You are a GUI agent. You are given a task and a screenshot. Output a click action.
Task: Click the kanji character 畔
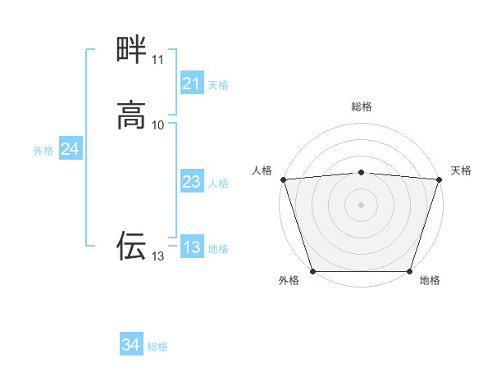point(131,50)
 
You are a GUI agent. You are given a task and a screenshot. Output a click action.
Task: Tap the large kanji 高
point(131,115)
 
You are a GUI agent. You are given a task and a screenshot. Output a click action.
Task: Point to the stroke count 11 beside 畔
point(157,60)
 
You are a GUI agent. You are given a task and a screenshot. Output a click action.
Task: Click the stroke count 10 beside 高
point(157,125)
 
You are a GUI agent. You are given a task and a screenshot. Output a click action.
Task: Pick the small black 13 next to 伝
point(157,256)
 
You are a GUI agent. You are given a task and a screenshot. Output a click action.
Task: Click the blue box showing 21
point(191,84)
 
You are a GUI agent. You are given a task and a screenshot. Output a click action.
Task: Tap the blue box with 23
point(191,182)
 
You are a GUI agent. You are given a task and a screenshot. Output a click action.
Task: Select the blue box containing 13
point(191,247)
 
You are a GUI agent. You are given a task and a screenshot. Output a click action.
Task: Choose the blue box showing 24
point(70,149)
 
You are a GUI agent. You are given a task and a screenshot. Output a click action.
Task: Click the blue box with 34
point(130,346)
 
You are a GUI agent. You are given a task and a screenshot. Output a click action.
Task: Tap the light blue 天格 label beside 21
point(218,85)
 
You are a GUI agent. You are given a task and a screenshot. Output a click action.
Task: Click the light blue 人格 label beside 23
point(218,183)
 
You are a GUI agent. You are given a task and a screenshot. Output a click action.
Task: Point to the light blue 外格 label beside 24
point(43,151)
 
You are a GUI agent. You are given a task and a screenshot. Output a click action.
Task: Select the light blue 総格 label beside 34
point(157,347)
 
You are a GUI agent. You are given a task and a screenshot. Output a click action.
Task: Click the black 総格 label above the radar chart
point(362,107)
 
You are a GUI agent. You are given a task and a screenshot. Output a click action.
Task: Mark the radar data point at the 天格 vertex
point(440,179)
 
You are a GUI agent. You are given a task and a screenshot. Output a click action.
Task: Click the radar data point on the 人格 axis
point(283,179)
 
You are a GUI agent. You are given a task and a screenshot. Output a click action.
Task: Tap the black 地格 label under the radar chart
point(430,281)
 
